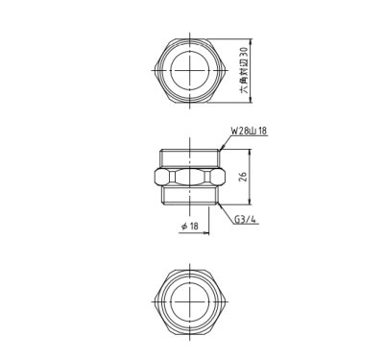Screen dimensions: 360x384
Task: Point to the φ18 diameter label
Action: pyautogui.click(x=187, y=226)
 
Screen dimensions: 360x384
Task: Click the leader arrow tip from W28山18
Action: pyautogui.click(x=220, y=147)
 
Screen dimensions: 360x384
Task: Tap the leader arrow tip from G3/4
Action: pyautogui.click(x=220, y=205)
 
